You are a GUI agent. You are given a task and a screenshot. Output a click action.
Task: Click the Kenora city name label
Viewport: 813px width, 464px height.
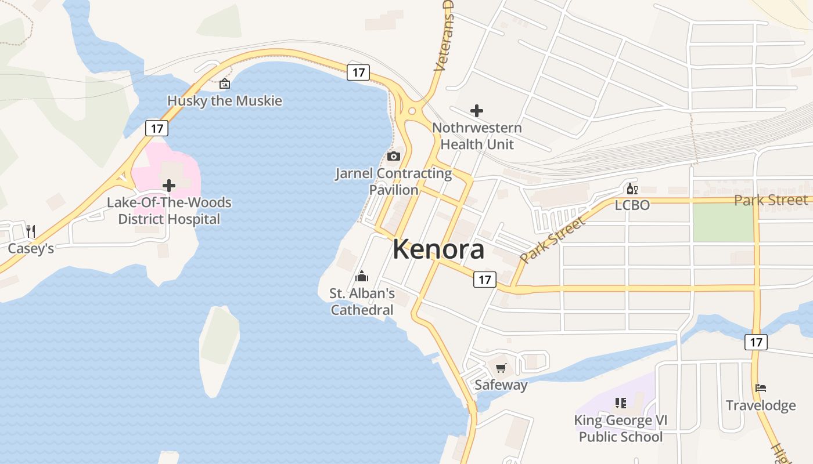point(438,249)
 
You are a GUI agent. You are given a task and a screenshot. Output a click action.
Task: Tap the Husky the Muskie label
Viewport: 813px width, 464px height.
point(225,101)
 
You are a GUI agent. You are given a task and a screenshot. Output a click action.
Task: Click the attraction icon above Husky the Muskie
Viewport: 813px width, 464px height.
point(225,84)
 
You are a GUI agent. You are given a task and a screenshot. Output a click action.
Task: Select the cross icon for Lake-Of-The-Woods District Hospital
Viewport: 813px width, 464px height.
point(169,186)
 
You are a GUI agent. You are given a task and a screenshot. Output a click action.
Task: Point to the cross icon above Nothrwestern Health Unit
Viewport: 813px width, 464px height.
point(477,110)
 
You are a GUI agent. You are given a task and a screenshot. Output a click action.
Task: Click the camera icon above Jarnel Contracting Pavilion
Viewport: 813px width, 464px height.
point(393,156)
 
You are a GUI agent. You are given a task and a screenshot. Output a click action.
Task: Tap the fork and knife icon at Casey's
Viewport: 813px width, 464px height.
point(31,231)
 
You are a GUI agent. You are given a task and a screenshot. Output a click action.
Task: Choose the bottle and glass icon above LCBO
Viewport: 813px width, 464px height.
point(632,188)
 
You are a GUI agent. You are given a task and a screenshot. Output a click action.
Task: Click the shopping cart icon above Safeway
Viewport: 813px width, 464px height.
point(501,368)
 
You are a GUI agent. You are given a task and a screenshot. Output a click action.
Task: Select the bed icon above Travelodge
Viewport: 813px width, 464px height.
point(761,388)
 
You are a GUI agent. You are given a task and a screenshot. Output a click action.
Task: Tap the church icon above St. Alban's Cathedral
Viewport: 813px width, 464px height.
point(362,275)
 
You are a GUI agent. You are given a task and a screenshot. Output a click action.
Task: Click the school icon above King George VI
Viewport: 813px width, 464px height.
point(620,403)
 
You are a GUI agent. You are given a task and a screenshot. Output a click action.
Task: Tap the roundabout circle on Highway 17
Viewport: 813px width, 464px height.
point(412,110)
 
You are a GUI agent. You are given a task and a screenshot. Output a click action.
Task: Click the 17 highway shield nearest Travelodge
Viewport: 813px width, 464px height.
point(756,342)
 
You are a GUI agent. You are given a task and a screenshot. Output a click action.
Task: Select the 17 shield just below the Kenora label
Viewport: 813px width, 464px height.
point(484,280)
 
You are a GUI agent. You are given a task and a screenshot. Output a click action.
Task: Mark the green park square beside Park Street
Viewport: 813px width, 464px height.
point(722,222)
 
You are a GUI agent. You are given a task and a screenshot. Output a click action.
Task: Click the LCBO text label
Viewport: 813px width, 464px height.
point(632,205)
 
